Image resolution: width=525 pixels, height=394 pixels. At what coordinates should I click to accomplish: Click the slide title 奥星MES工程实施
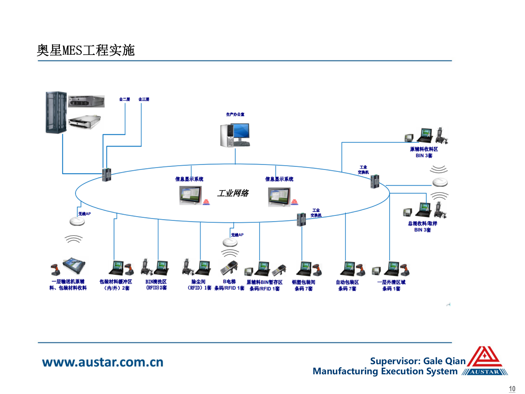coord(86,50)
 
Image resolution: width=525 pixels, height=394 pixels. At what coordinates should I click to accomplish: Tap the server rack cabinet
coord(56,112)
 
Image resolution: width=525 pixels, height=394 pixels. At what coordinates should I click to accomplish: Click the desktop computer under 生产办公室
coord(235,135)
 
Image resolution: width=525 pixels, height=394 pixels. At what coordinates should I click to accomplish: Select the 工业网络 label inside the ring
coord(233,193)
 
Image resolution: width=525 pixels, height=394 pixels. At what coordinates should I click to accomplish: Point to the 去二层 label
coord(124,99)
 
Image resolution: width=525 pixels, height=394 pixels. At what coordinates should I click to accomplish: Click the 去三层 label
coord(144,99)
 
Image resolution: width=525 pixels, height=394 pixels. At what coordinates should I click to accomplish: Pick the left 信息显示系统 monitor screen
coord(190,195)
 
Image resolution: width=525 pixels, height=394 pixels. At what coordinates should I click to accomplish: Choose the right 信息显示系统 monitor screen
coord(279,196)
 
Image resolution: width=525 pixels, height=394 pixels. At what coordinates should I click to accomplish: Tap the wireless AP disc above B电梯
coord(230,242)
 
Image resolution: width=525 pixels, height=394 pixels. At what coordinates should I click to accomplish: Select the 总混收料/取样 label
coord(422,224)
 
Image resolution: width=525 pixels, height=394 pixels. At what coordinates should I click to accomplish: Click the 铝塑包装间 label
coord(304,282)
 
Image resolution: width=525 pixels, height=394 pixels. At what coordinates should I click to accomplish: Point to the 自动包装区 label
coord(347,282)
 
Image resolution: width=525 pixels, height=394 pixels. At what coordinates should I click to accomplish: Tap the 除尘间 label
coord(199,282)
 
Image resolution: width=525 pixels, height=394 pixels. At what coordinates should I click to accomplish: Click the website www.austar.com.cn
coord(103,362)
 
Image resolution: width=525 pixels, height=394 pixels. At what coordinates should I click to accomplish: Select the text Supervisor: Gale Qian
coord(418,361)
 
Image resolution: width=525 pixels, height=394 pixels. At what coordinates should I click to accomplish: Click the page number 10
coord(512,389)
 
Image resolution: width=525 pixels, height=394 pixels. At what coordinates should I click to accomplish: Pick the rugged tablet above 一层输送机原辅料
coord(74,265)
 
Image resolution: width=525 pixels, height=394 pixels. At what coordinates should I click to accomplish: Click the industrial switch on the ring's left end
coord(106,175)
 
